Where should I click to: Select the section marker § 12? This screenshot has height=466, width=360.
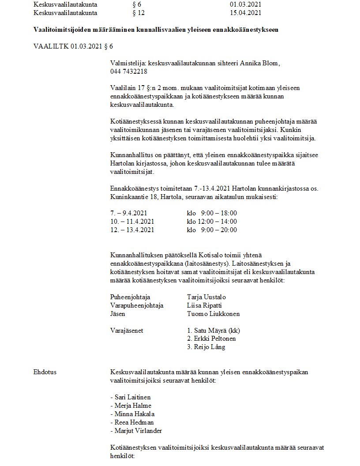(139, 13)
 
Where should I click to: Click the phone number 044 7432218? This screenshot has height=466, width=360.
(129, 71)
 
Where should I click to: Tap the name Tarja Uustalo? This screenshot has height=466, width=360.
(206, 297)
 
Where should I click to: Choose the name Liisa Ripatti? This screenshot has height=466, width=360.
(205, 305)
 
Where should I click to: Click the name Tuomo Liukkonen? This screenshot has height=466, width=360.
(214, 314)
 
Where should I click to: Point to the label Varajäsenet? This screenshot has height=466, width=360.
(127, 331)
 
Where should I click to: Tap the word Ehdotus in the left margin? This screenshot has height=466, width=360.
(45, 372)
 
